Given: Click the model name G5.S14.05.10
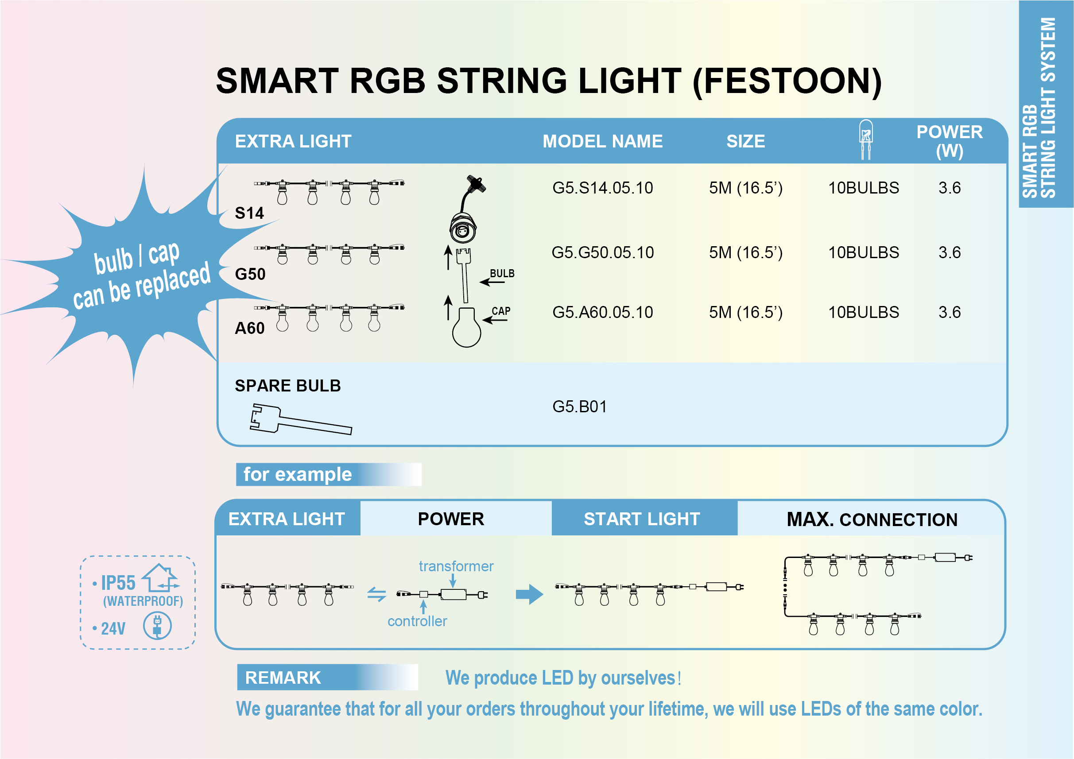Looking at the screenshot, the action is pyautogui.click(x=602, y=188).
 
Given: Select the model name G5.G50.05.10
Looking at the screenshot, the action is pyautogui.click(x=602, y=252).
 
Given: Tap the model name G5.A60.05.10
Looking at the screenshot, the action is pyautogui.click(x=602, y=312).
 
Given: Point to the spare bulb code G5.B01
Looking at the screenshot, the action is pyautogui.click(x=580, y=407).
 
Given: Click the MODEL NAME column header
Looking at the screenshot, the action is pyautogui.click(x=602, y=141).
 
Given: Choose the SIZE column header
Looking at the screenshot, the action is pyautogui.click(x=746, y=141).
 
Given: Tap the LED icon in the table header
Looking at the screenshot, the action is pyautogui.click(x=866, y=139).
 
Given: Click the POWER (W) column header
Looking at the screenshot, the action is pyautogui.click(x=950, y=141).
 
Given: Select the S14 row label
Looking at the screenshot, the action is pyautogui.click(x=249, y=213).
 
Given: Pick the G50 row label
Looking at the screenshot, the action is pyautogui.click(x=250, y=274).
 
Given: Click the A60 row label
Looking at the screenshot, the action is pyautogui.click(x=250, y=328).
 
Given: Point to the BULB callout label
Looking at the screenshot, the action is pyautogui.click(x=502, y=274).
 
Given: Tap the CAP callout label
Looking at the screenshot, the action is pyautogui.click(x=501, y=311).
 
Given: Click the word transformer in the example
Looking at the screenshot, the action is pyautogui.click(x=456, y=566).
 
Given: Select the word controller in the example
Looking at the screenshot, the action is pyautogui.click(x=417, y=621).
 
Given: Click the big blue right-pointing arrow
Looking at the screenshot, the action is pyautogui.click(x=530, y=594).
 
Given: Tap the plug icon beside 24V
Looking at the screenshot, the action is pyautogui.click(x=157, y=626).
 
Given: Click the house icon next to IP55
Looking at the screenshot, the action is pyautogui.click(x=160, y=578).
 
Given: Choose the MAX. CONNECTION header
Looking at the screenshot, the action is pyautogui.click(x=872, y=519).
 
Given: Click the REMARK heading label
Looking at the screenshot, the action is pyautogui.click(x=283, y=678).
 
